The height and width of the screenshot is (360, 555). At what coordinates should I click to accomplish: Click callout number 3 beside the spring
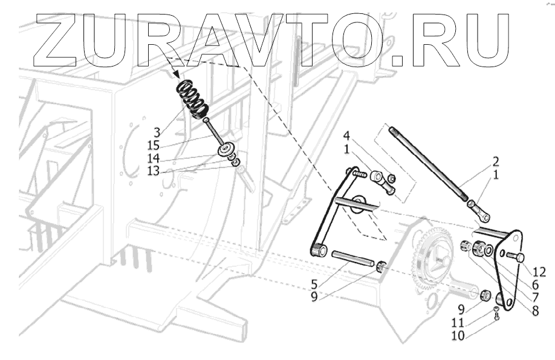[157, 131]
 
